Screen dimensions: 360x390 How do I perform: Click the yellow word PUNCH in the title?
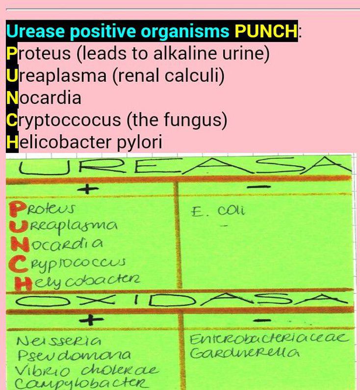tap(266, 31)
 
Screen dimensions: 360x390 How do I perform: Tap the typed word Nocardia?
tap(44, 97)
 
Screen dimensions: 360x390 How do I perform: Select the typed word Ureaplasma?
tap(56, 75)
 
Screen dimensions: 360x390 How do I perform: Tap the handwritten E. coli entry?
tap(218, 211)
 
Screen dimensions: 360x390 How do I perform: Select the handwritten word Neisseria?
tap(59, 340)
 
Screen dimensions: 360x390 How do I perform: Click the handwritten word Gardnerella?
tap(244, 353)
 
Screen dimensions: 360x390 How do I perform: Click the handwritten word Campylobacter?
tap(81, 384)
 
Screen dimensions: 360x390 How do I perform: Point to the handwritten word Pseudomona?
tap(74, 355)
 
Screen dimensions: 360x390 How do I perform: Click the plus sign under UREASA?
tap(87, 190)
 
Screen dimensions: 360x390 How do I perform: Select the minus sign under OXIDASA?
tap(266, 320)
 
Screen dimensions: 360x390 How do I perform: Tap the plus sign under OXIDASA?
tap(91, 319)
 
